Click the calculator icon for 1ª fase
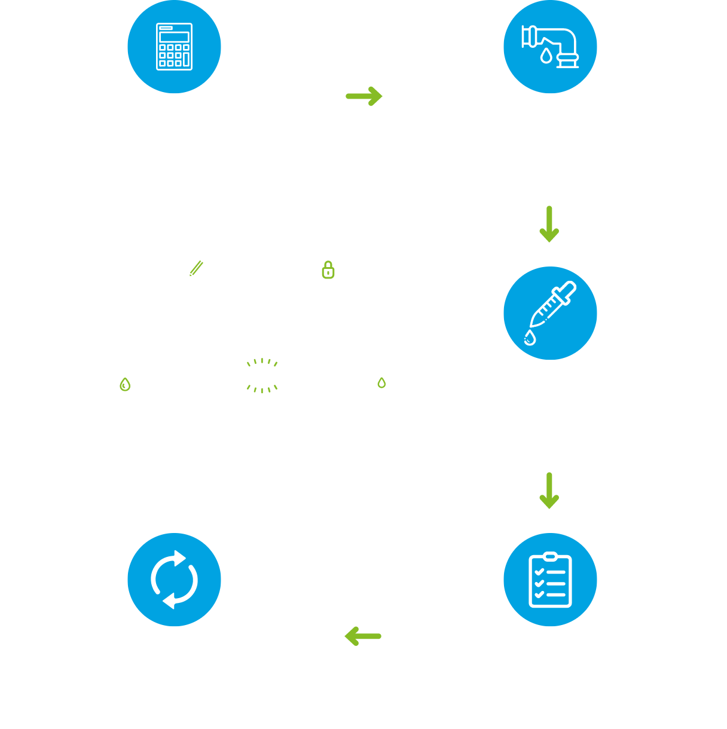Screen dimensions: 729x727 [174, 47]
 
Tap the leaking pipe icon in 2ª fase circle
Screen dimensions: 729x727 [550, 47]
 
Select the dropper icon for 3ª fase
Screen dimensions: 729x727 [550, 313]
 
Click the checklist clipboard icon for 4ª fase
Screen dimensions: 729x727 [550, 580]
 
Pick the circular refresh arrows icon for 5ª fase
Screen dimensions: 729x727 [174, 580]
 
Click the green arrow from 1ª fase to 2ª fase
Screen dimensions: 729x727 [364, 96]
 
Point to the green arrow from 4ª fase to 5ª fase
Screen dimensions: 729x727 [363, 636]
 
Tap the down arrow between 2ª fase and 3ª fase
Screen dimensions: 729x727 [549, 224]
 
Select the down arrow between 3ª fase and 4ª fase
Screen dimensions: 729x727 [549, 491]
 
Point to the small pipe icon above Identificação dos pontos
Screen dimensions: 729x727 [384, 376]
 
